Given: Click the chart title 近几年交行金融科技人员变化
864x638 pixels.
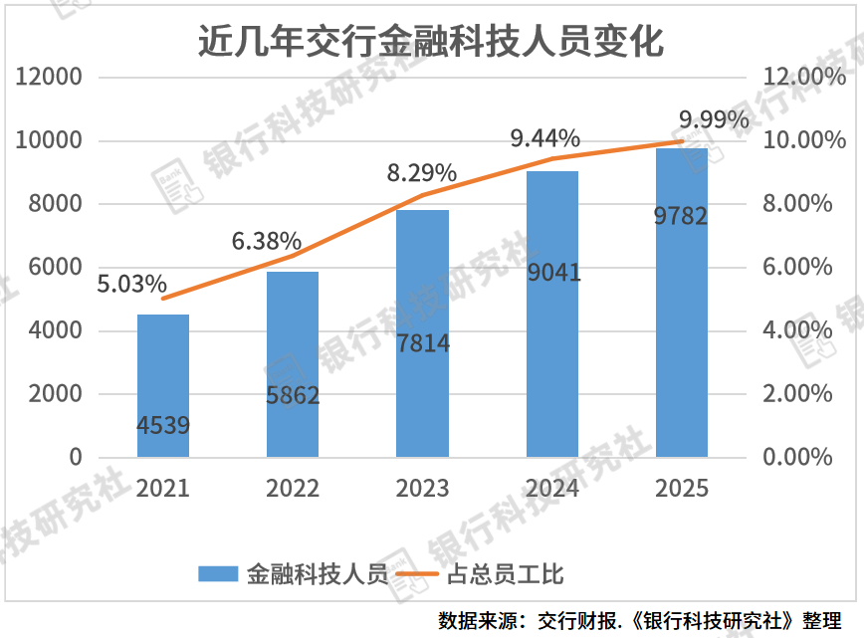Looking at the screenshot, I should tap(431, 43).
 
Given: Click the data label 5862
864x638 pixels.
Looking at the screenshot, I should tap(293, 396).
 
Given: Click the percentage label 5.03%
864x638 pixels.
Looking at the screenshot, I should tap(131, 285).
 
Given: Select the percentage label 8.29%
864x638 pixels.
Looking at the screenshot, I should tap(421, 174).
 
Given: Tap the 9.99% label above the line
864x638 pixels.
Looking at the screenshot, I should tap(714, 120).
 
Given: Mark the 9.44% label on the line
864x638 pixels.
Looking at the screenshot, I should tap(545, 138).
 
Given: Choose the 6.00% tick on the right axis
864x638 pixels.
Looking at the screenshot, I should tap(796, 267).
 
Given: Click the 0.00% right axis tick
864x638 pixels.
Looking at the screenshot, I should tap(796, 457).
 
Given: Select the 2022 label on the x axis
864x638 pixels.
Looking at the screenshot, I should tap(293, 489).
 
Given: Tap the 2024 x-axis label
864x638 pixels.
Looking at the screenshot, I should tap(552, 489).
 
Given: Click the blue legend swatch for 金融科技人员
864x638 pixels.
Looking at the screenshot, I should tap(218, 574).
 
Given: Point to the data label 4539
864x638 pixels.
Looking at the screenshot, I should tap(162, 427).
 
